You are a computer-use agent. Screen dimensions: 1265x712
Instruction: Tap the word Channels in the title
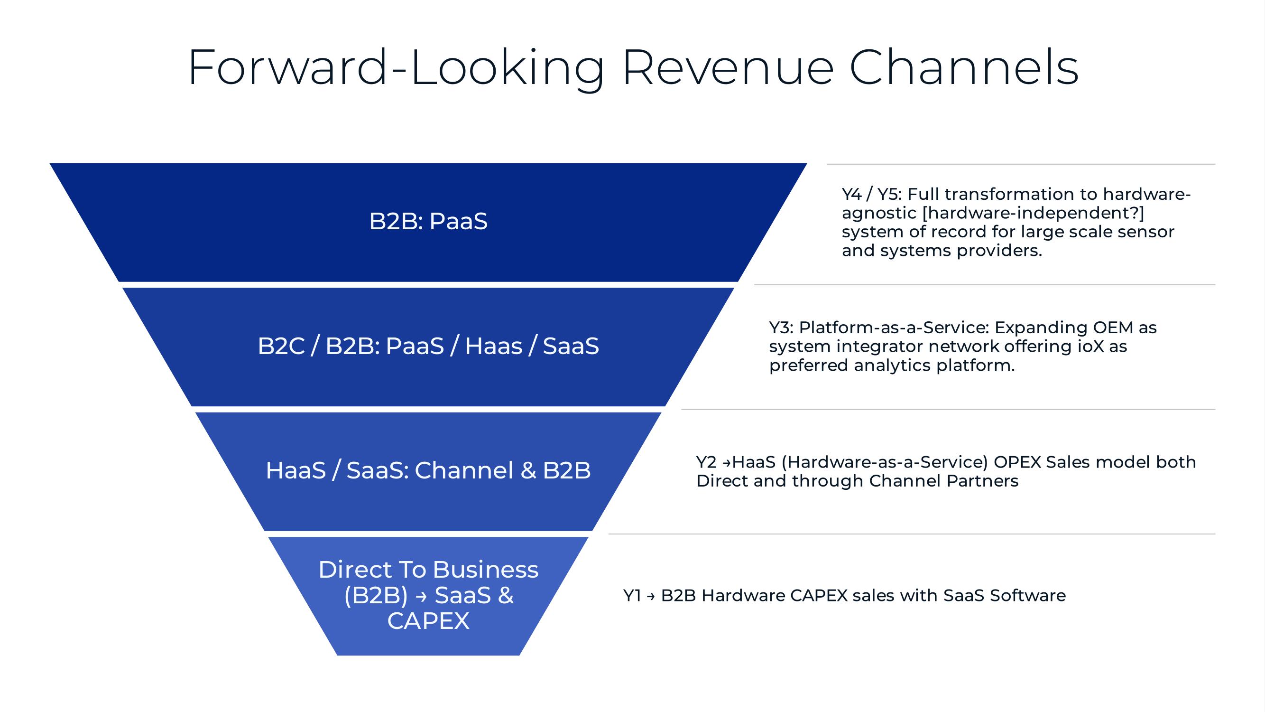[x=963, y=67]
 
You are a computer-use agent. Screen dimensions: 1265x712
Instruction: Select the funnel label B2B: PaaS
[x=428, y=221]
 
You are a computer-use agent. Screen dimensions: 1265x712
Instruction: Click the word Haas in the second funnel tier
[x=494, y=346]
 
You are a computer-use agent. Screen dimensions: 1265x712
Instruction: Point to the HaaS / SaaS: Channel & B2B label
[x=428, y=470]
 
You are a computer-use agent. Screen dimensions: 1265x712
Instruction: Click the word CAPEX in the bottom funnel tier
[x=428, y=620]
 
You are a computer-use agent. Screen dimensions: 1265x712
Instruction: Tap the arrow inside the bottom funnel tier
[x=421, y=597]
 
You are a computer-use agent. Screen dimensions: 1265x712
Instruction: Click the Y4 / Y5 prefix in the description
[x=872, y=194]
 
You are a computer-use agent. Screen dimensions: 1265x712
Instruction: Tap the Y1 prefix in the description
[x=632, y=596]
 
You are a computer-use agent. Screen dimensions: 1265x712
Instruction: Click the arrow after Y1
[x=651, y=597]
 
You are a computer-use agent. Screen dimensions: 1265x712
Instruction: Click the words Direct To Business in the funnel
[x=428, y=570]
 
